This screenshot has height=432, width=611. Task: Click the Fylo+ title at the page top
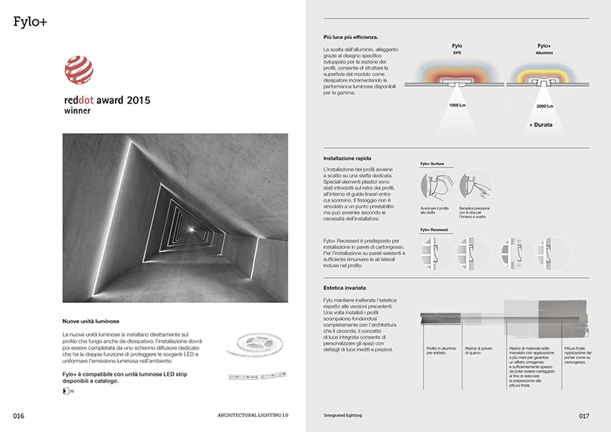click(30, 21)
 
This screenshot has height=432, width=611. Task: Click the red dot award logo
click(78, 72)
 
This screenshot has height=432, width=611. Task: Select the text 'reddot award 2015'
click(106, 101)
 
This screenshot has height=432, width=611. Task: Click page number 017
click(584, 414)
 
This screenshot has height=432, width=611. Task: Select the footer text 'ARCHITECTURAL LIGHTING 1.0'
click(253, 414)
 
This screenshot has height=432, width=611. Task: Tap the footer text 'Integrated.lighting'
click(345, 414)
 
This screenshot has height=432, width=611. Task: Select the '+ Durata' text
click(541, 125)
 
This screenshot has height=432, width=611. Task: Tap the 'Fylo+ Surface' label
click(432, 164)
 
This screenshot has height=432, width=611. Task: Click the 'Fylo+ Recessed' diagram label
click(434, 229)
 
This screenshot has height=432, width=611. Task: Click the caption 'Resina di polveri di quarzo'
click(478, 350)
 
